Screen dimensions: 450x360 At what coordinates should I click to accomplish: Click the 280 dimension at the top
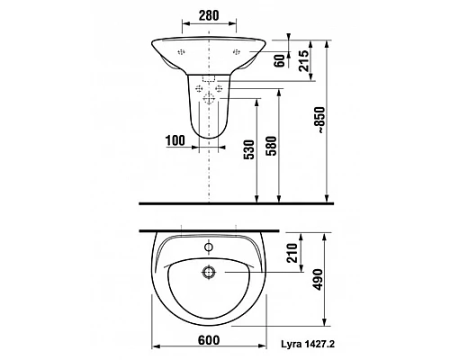tap(209, 15)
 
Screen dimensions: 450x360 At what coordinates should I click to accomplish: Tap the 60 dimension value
tap(280, 61)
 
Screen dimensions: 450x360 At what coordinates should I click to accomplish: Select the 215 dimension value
tap(303, 61)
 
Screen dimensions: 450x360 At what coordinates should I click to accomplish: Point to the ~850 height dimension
tap(321, 120)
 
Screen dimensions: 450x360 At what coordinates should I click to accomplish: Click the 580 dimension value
tap(272, 146)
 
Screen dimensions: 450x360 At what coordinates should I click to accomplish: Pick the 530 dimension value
tap(249, 149)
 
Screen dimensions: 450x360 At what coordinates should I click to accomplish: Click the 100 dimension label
tap(175, 140)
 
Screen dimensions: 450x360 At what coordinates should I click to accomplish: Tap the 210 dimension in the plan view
tap(292, 253)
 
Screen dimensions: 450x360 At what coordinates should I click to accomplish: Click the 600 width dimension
tap(209, 340)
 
